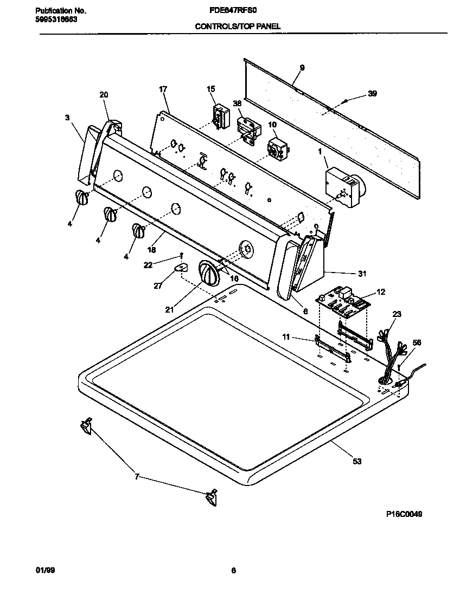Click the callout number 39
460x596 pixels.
point(372,94)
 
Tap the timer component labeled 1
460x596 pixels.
point(344,187)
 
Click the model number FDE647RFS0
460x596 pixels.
point(232,10)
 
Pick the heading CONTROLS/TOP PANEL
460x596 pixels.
point(238,26)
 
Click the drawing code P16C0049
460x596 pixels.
point(400,514)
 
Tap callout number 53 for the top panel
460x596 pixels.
point(356,462)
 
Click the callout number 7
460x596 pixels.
point(137,477)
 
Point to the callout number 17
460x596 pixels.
point(162,89)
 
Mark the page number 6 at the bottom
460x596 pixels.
point(233,570)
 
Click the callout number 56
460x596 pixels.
point(402,343)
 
